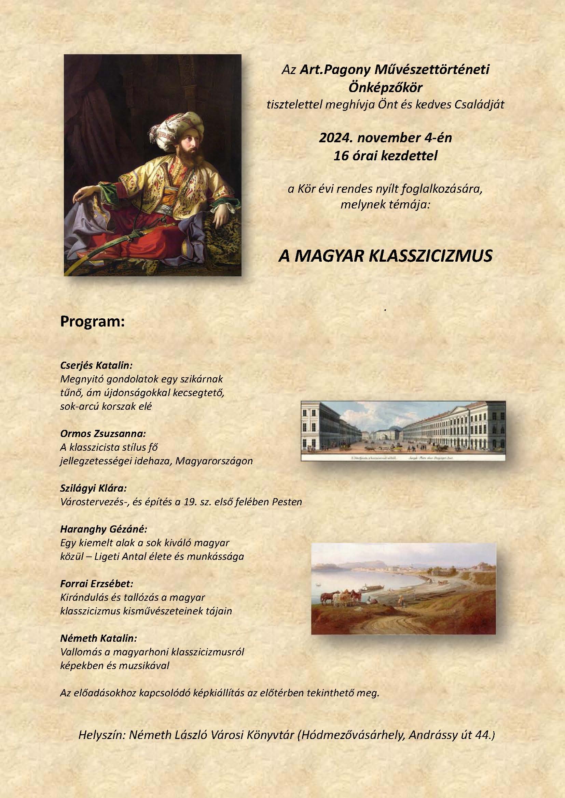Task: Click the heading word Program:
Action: (93, 322)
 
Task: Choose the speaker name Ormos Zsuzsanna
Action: (102, 434)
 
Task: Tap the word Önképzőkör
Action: (385, 88)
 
